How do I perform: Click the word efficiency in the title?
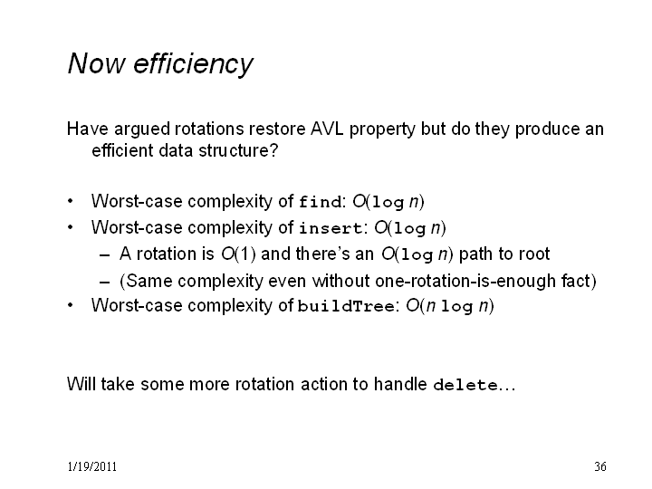193,64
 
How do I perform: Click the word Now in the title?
96,63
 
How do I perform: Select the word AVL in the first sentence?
327,129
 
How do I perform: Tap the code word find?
321,203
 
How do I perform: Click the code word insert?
331,228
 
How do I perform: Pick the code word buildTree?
346,306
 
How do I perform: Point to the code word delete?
465,385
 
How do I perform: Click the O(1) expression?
238,254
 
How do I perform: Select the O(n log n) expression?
450,306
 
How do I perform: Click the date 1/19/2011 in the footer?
91,466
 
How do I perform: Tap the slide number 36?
600,466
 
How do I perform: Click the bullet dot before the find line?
71,201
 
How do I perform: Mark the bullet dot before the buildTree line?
71,305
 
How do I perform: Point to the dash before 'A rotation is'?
105,254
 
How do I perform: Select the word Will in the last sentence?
81,384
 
